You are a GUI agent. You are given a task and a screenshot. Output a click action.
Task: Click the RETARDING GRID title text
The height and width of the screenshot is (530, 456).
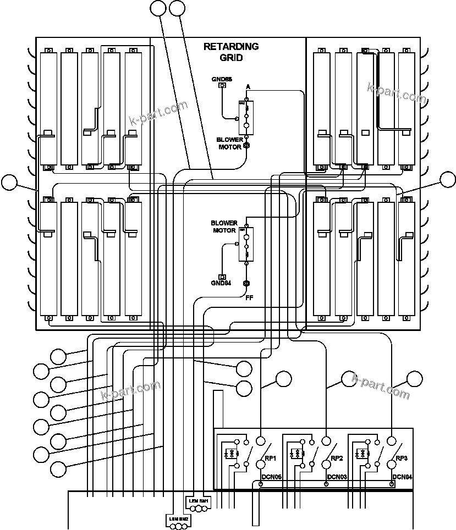(x=230, y=52)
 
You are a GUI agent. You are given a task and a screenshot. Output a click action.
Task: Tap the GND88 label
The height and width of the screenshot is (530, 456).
(x=222, y=79)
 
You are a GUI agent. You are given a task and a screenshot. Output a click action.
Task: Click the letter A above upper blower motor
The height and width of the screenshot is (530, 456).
(x=248, y=87)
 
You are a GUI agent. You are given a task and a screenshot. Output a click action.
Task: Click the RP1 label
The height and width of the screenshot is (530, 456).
(x=270, y=459)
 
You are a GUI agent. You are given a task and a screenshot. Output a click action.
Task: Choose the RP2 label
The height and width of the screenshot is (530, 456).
(x=336, y=459)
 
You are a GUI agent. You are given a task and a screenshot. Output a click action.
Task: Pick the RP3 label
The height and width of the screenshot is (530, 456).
(x=402, y=459)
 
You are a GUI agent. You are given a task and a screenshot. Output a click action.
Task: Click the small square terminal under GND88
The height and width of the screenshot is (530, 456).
(x=222, y=86)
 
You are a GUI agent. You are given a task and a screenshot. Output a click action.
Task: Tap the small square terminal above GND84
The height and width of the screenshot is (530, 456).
(x=222, y=277)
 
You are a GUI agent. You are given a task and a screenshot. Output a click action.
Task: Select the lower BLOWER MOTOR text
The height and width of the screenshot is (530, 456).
(x=224, y=227)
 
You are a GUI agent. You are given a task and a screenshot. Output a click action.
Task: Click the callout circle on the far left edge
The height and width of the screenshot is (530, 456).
(x=10, y=183)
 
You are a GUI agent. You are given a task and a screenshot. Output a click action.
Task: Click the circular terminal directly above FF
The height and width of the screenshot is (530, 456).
(x=247, y=284)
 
